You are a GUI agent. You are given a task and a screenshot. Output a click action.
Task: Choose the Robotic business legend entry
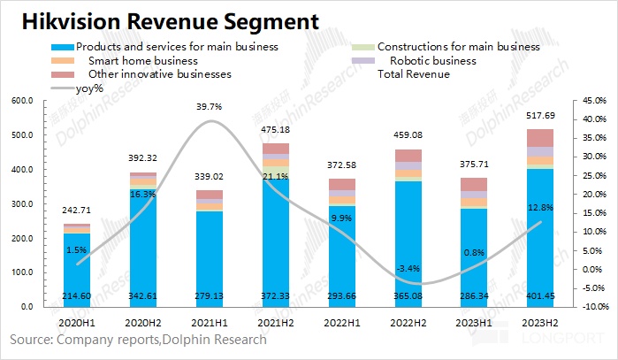point(432,61)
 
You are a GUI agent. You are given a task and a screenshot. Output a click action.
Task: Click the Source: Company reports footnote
point(138,339)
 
